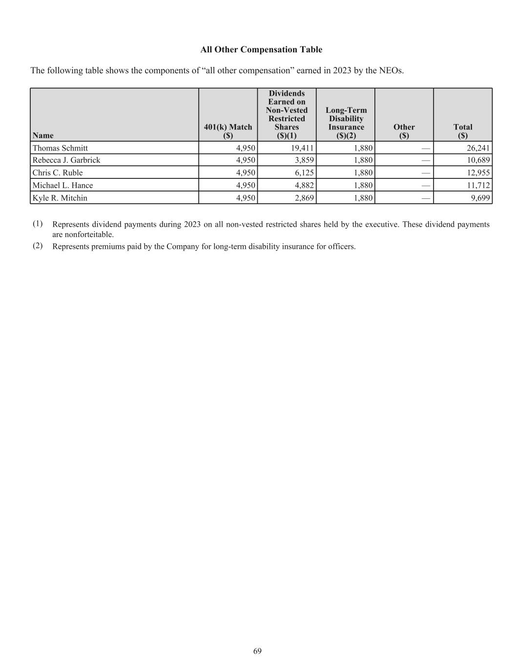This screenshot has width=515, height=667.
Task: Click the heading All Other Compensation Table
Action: point(261,50)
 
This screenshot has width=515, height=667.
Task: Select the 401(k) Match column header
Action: point(228,131)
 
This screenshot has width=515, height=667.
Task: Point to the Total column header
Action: point(463,131)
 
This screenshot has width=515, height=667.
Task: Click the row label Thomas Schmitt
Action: point(60,148)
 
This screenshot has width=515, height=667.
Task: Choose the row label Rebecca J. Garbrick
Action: point(66,160)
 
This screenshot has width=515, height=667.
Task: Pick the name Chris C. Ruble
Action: point(58,173)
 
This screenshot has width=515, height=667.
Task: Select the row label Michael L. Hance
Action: point(62,186)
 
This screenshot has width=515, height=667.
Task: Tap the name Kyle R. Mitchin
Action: point(60,198)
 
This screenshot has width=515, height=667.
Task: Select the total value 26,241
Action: point(478,148)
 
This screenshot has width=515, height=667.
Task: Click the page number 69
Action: point(258,651)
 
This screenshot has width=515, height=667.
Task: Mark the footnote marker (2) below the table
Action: point(38,246)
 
